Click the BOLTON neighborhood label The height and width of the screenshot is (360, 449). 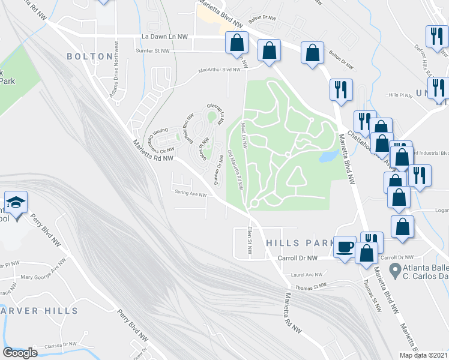tap(89, 56)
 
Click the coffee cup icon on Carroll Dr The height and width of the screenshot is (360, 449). tap(345, 247)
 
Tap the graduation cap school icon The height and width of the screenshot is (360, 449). tap(16, 203)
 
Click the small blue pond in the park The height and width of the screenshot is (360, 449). tap(328, 157)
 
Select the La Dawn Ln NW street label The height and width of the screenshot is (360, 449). tap(164, 37)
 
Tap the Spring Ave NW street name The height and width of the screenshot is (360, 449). tap(190, 194)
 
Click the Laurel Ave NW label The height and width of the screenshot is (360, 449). tap(306, 275)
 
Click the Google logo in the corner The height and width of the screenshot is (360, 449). tap(20, 353)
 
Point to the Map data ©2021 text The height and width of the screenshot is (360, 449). tap(424, 355)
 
